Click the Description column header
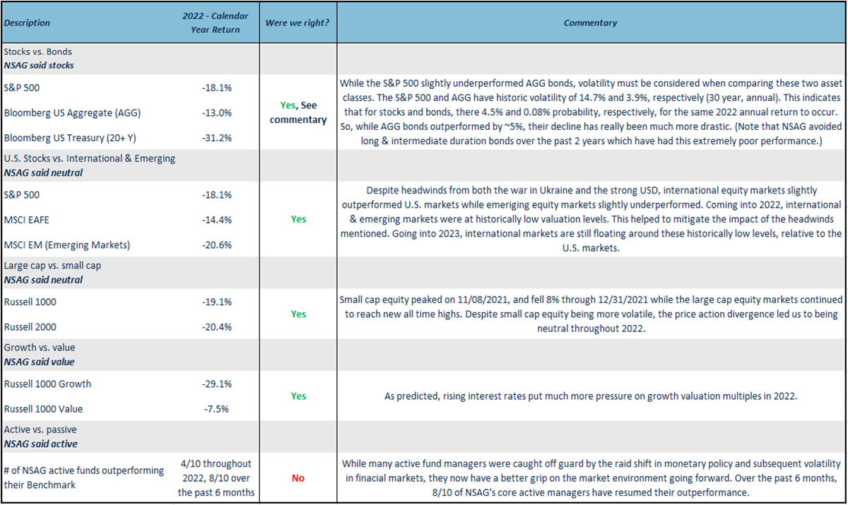click(x=27, y=23)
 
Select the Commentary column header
click(x=590, y=23)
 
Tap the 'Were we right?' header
click(x=298, y=23)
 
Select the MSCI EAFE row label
click(x=29, y=220)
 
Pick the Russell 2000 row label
click(x=30, y=327)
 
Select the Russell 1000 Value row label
click(x=43, y=409)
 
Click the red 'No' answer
click(x=298, y=478)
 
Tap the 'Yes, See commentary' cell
click(x=298, y=112)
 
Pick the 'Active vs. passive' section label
click(x=40, y=430)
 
